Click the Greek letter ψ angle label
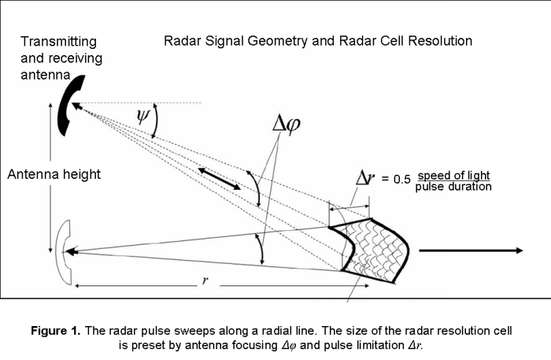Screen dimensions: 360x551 coord(142,118)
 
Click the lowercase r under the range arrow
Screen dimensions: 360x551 coord(204,281)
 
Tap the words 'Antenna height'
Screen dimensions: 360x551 coord(54,174)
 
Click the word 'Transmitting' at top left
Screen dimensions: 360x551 coord(59,41)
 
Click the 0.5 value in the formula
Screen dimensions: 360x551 coord(402,180)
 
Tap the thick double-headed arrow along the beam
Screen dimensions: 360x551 coord(219,178)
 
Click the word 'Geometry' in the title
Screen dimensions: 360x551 coord(271,40)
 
